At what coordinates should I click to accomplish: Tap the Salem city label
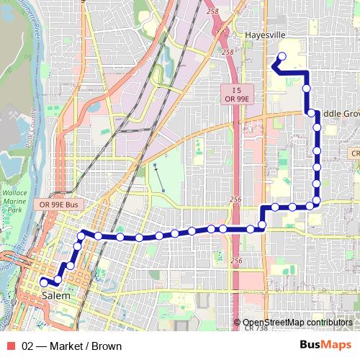(x=56, y=295)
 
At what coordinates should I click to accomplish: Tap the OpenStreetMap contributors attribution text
(x=297, y=323)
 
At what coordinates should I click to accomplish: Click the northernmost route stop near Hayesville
(x=282, y=56)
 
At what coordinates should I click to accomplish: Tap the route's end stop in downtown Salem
(x=43, y=282)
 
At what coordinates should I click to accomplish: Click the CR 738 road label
(x=257, y=328)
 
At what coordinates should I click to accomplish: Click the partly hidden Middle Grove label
(x=338, y=114)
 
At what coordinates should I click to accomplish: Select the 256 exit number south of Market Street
(x=237, y=260)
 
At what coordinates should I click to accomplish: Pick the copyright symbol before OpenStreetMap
(x=238, y=323)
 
